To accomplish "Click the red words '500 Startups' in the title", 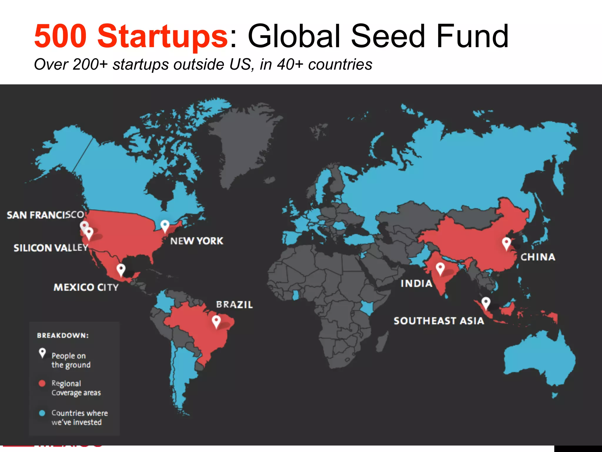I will click(x=131, y=36).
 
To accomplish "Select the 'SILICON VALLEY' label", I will click(x=51, y=248).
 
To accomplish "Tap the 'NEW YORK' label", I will click(x=197, y=241).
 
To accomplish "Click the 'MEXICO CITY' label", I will click(x=86, y=287).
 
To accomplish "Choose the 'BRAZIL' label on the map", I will click(x=234, y=305).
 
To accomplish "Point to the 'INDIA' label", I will click(x=416, y=283).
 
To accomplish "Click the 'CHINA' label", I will click(x=538, y=257).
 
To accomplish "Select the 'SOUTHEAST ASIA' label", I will click(x=439, y=321).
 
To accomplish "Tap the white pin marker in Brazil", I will click(x=216, y=321).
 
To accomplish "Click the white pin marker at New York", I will click(x=165, y=226).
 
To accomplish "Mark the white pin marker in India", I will click(x=440, y=268).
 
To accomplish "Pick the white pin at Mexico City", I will click(x=121, y=269).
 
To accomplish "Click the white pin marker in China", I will click(x=506, y=243).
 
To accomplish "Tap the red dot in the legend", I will click(x=42, y=383).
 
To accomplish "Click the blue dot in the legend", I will click(x=42, y=413).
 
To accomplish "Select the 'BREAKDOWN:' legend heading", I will click(x=63, y=335).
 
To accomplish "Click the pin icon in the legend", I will click(x=42, y=353).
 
